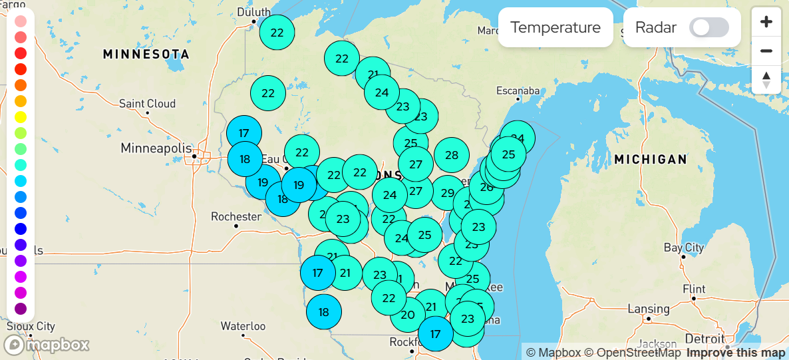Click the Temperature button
555,27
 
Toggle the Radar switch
709,27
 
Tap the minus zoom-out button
766,51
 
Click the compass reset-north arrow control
766,79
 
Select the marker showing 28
452,155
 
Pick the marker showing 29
448,193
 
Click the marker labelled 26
487,187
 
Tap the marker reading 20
408,315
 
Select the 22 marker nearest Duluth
277,32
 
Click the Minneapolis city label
156,148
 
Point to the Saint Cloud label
147,104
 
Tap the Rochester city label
236,216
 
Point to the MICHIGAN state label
650,159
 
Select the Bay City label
684,248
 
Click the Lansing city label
649,309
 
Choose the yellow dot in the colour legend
21,117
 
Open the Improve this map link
736,353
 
